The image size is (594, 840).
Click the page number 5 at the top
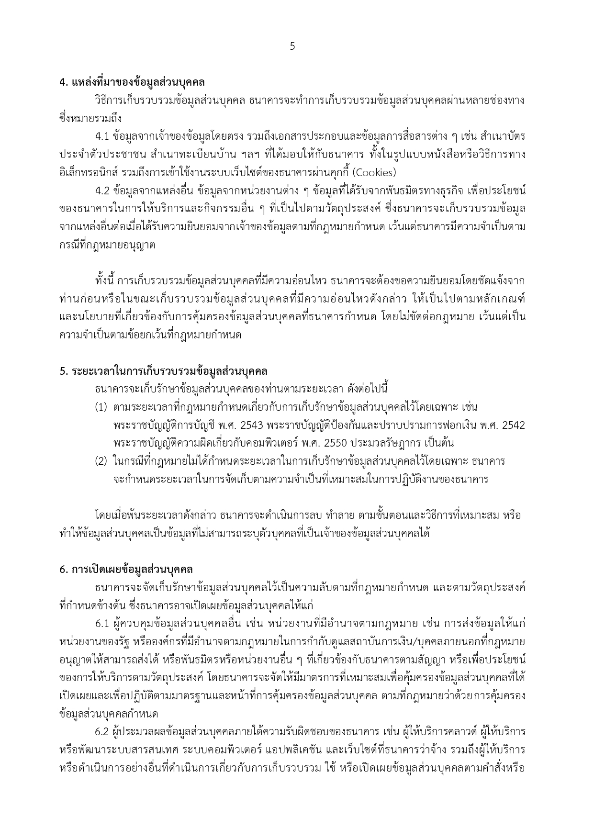pos(292,46)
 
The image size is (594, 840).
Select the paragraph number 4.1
pos(102,136)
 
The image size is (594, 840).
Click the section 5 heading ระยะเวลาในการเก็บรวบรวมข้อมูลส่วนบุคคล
pos(163,371)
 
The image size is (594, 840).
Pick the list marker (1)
pos(101,407)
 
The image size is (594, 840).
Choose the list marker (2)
pos(101,462)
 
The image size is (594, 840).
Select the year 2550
pos(335,443)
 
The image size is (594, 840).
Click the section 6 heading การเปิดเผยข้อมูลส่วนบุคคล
pos(126,570)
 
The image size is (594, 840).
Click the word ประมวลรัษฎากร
pos(380,443)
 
